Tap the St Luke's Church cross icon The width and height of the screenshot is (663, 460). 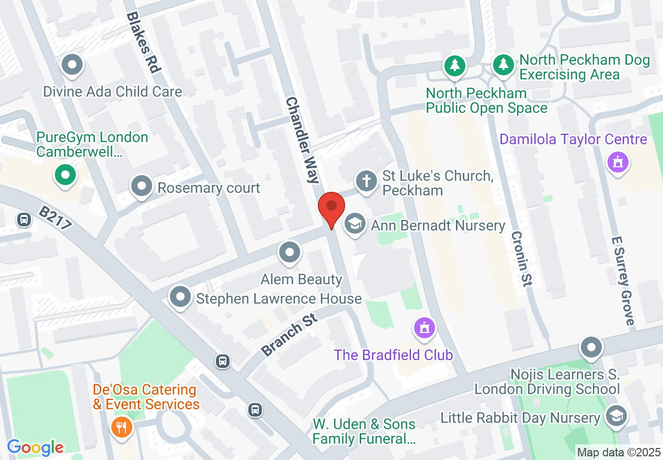point(367,182)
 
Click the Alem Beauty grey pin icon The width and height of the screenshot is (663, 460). point(290,253)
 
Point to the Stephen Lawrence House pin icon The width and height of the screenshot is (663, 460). point(181,297)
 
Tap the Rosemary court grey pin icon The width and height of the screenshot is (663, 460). point(142,186)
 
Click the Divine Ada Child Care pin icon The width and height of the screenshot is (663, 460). point(73,66)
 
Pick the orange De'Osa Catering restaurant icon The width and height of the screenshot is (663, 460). point(122,428)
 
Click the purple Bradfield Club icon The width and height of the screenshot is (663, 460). point(425,328)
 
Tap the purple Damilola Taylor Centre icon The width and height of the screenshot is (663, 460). point(618,162)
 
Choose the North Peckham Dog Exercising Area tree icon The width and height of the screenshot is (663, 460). point(503,65)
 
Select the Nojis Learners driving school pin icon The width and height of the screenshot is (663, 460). point(591,347)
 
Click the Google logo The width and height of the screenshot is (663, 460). point(36,447)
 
